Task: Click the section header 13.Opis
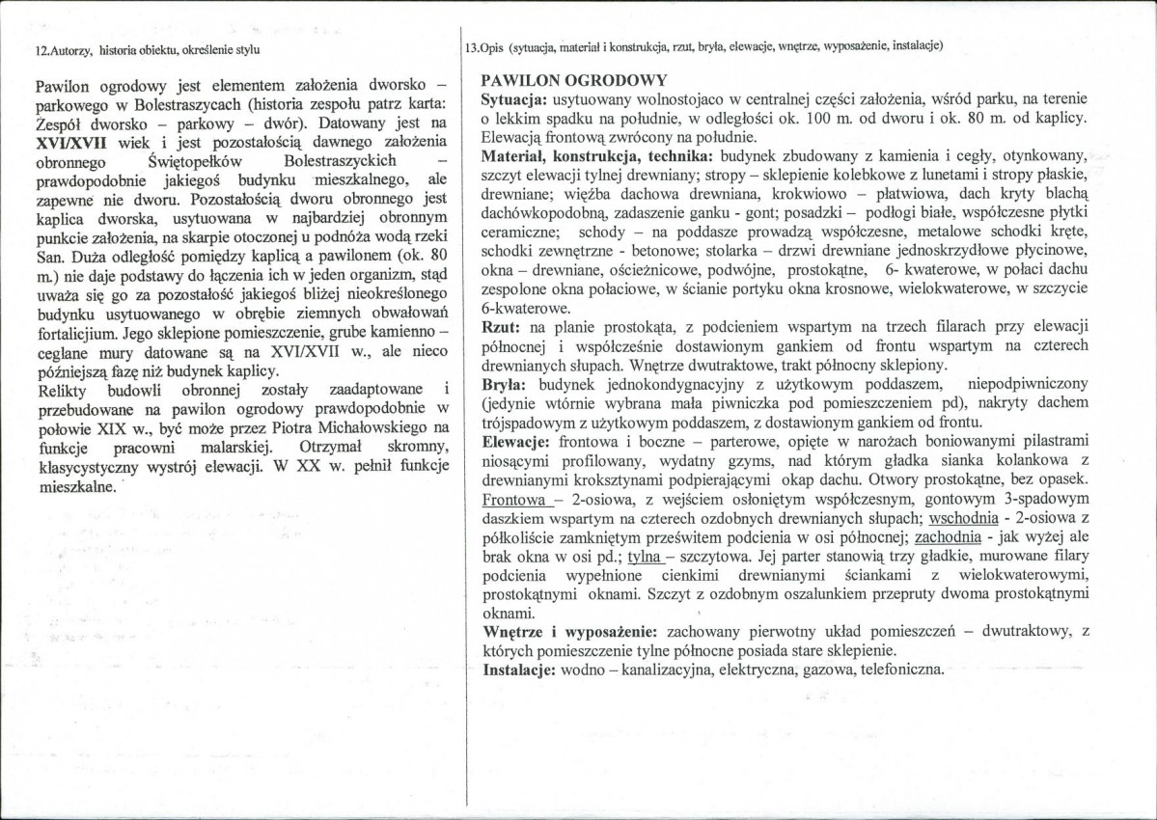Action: click(x=485, y=46)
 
